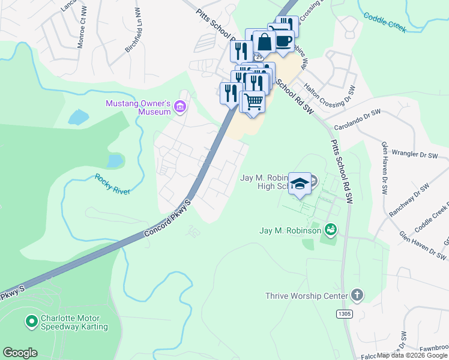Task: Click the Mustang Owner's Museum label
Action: tap(138, 108)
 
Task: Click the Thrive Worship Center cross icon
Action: tap(357, 295)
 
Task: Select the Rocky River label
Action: tap(112, 184)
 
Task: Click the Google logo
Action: tap(20, 353)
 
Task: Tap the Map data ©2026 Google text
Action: tap(411, 355)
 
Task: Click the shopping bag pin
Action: tap(264, 42)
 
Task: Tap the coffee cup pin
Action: tap(283, 40)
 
